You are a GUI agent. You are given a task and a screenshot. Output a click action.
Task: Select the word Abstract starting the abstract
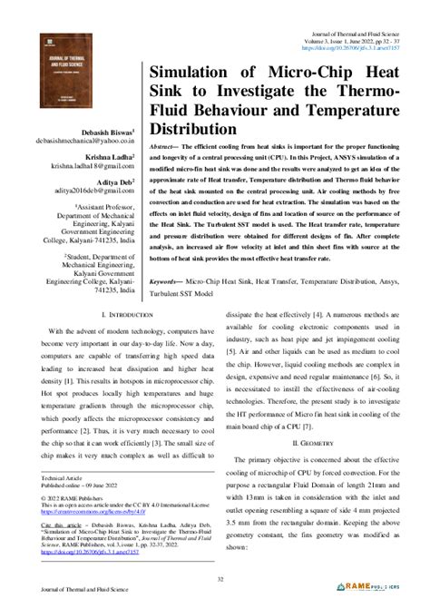coord(168,146)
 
